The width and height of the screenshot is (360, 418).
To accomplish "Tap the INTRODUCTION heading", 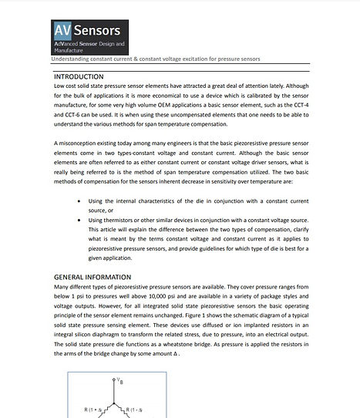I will (89, 77).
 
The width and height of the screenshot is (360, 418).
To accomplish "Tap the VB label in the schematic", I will (120, 382).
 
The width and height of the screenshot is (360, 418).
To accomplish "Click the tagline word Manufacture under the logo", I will (75, 49).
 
